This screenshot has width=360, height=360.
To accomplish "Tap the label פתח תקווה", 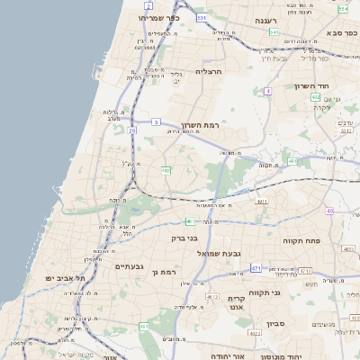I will [x=327, y=240].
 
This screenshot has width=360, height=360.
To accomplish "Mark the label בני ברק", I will [x=184, y=238].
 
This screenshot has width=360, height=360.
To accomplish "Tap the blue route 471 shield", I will [x=256, y=267].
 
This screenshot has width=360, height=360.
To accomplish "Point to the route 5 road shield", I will [x=157, y=121].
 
